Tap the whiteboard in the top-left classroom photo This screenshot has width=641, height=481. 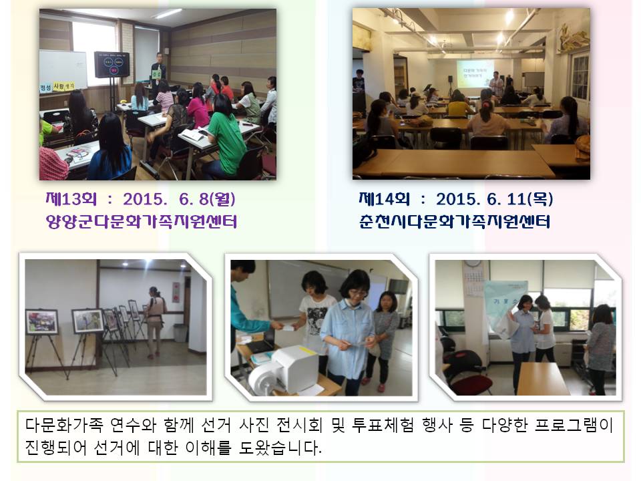[x=63, y=68]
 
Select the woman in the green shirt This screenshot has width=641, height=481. [x=226, y=142]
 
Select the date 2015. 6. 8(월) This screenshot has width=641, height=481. [x=179, y=200]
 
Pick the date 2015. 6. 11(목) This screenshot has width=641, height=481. [x=494, y=200]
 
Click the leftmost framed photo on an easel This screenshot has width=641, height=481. [x=41, y=321]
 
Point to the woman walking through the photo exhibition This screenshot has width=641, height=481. [x=154, y=319]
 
